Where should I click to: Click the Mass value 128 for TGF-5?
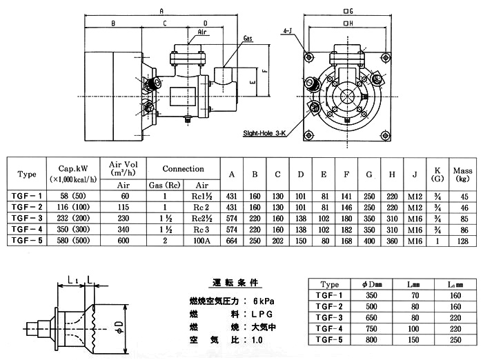pos(462,240)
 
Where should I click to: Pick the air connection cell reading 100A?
pos(203,240)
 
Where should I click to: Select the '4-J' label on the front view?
pos(287,31)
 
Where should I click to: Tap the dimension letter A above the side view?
pos(161,11)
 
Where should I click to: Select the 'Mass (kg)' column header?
pos(462,174)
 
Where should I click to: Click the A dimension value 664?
pos(233,240)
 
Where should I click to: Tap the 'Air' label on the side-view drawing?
pos(202,32)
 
